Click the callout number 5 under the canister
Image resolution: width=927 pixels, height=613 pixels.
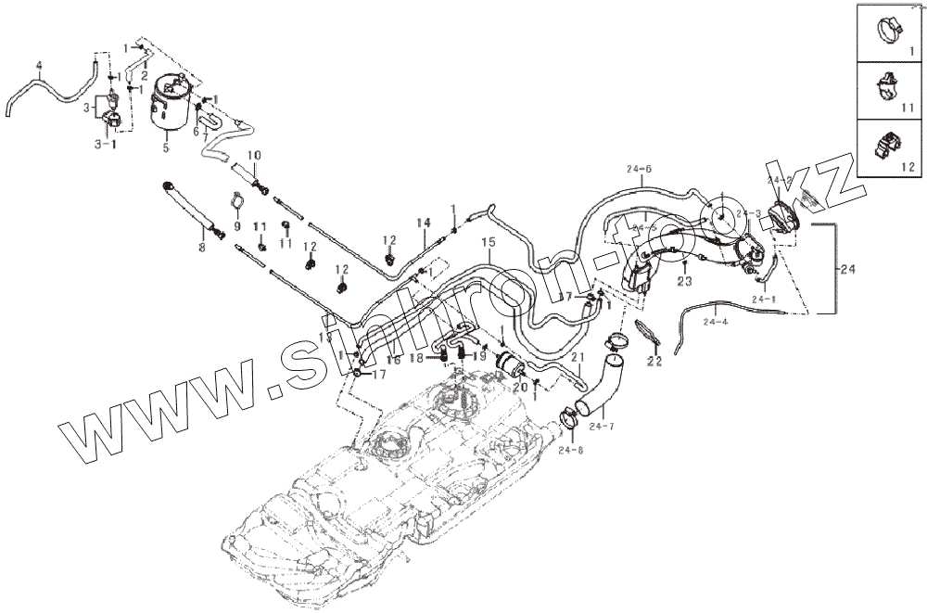click(166, 147)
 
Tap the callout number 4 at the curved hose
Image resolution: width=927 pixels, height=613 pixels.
click(38, 66)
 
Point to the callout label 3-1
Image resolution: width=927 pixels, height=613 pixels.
click(106, 145)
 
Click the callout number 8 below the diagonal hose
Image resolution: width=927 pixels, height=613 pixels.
click(201, 248)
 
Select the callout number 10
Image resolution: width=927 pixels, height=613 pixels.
click(254, 154)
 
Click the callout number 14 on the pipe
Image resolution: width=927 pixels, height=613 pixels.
click(424, 223)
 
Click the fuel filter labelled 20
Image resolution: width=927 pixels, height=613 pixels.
click(511, 363)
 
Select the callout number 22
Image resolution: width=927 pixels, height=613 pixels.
click(654, 361)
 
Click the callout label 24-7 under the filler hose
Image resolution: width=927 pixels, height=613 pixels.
click(602, 426)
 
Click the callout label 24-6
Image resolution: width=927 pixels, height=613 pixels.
click(640, 169)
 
